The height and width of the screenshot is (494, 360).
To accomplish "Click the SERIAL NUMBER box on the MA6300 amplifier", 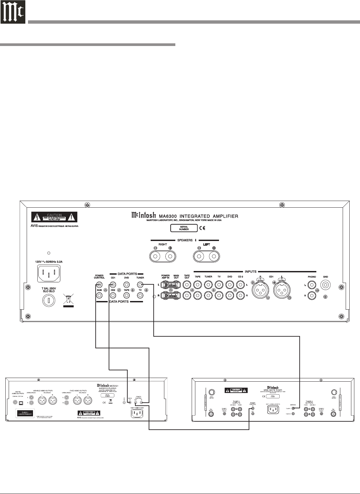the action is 184,228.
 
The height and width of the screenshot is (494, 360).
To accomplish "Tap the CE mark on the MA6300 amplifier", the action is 202,228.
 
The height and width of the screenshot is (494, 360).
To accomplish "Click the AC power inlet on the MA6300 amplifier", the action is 49,275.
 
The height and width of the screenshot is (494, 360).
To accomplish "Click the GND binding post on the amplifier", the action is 325,285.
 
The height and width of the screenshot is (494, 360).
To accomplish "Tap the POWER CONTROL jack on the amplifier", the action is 99,285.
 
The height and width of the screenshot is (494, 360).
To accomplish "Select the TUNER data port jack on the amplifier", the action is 140,285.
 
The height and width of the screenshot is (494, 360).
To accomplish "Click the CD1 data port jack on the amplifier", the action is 113,285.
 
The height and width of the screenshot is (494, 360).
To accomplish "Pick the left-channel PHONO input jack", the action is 312,285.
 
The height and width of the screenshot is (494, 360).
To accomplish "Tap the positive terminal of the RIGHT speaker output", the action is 170,256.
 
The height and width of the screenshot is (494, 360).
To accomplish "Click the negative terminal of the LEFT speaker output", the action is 199,256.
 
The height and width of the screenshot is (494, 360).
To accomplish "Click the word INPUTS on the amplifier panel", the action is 250,272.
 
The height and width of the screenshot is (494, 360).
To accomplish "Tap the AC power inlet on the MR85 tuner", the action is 272,409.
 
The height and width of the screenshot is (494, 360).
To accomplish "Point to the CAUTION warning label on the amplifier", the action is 54,217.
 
